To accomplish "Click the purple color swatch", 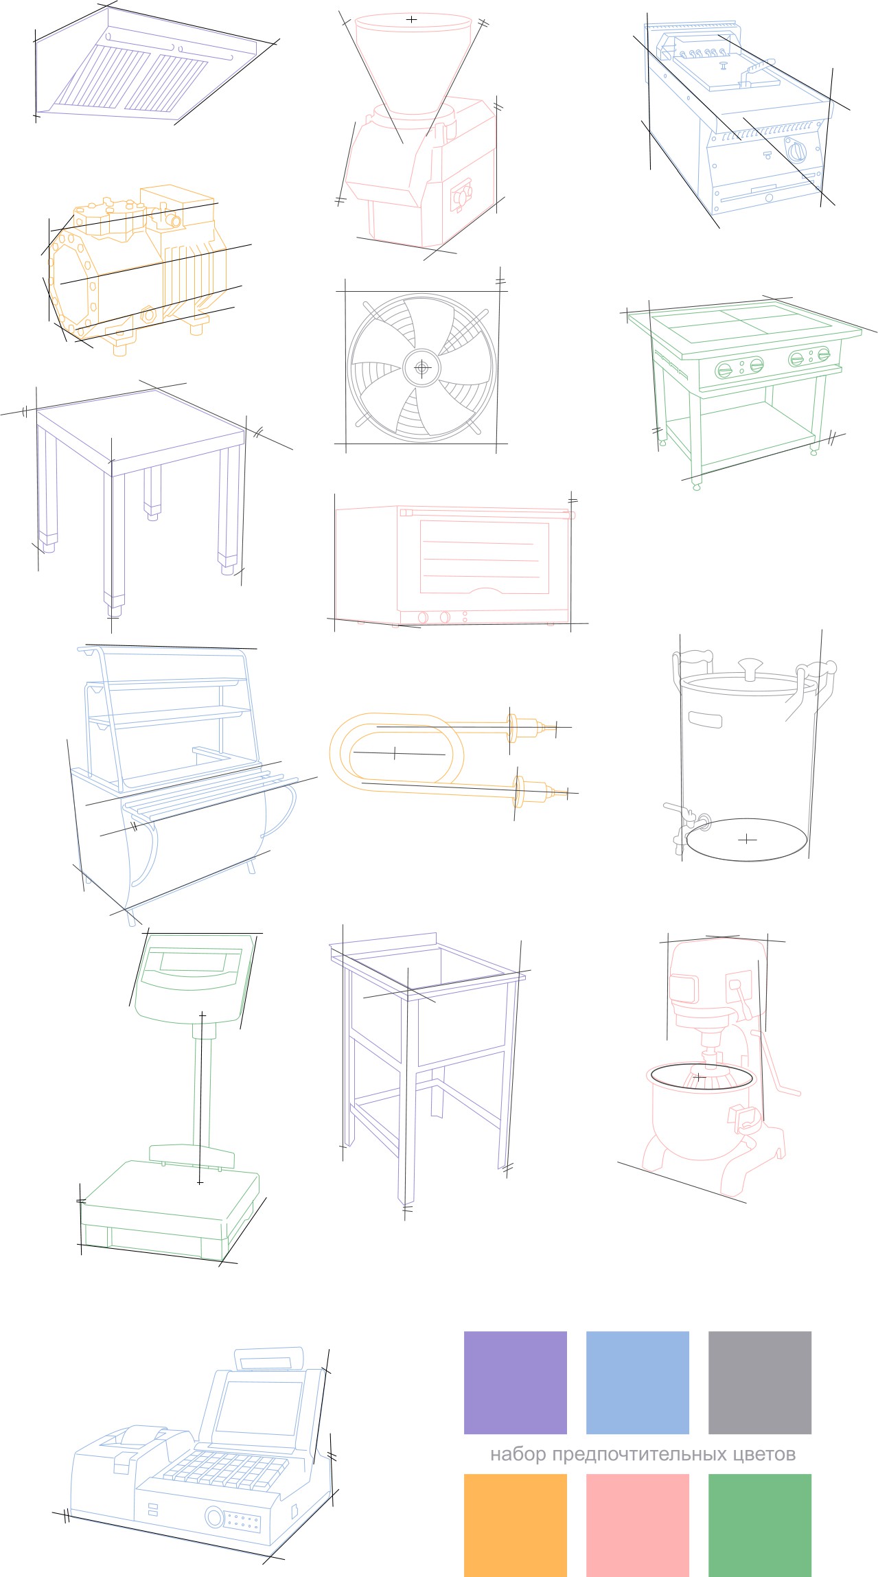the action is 516,1382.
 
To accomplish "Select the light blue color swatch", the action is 638,1382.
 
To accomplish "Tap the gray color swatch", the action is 760,1382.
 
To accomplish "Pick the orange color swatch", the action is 516,1525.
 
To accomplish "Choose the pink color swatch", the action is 638,1525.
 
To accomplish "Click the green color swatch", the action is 760,1525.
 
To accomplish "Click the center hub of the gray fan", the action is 421,368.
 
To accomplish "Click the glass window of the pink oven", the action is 485,557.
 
